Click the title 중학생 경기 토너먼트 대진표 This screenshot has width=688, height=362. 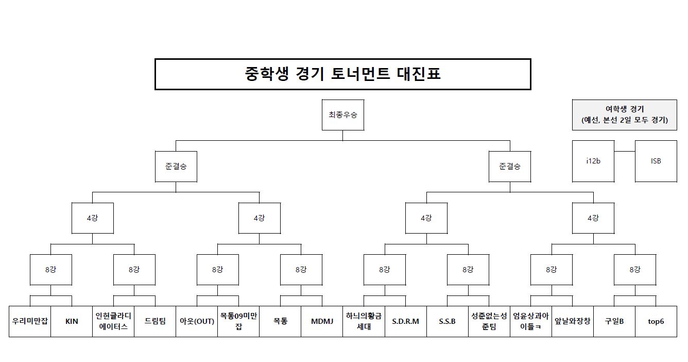click(342, 74)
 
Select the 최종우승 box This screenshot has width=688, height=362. click(343, 114)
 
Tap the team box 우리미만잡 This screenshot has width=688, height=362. click(30, 321)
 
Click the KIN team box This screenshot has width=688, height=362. click(72, 321)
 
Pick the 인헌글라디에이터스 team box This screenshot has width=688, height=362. click(113, 321)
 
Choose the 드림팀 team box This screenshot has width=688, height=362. click(155, 321)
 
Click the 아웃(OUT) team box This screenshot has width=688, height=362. click(197, 321)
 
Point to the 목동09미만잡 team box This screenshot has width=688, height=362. click(238, 321)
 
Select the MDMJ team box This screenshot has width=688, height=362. click(322, 321)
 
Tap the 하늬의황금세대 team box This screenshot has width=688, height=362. click(364, 321)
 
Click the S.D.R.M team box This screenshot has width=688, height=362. click(405, 321)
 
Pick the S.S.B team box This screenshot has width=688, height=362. click(447, 321)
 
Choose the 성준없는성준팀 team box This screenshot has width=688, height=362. click(489, 321)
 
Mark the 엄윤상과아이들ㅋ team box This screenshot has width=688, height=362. click(530, 321)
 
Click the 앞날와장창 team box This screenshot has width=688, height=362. click(572, 321)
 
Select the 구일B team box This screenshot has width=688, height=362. click(614, 321)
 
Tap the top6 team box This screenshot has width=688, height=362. click(656, 321)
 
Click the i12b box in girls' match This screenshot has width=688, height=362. click(593, 161)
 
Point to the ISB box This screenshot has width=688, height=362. click(656, 161)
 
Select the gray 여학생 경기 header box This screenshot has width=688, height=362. click(624, 114)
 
